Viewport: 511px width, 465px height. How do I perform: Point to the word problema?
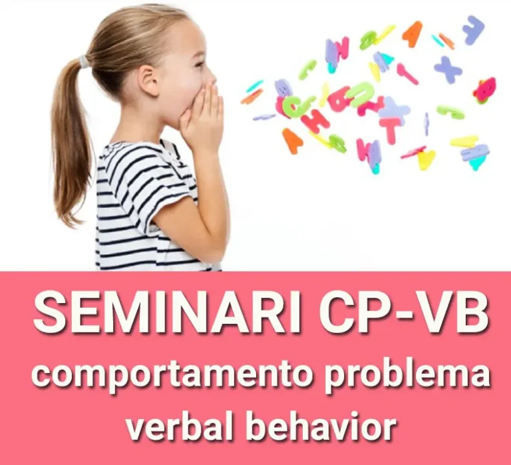(x=407, y=374)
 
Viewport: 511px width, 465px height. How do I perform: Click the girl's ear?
(x=149, y=80)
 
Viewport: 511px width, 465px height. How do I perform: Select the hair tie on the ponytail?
(x=84, y=61)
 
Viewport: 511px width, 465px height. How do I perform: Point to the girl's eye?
(x=199, y=65)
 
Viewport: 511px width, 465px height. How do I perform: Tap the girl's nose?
(x=212, y=78)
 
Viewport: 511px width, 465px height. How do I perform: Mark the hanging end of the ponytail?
(x=70, y=212)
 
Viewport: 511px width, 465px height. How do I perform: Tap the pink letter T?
(x=392, y=129)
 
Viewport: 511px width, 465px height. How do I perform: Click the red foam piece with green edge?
(x=486, y=90)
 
